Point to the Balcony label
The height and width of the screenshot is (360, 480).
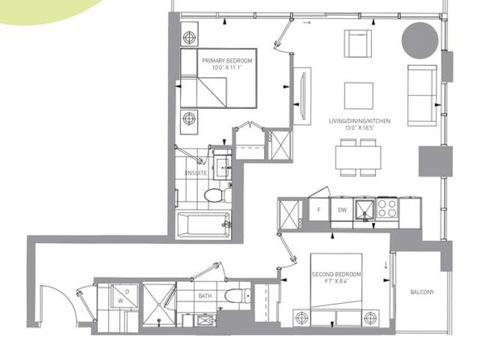[421, 292]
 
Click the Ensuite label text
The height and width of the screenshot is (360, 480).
[196, 173]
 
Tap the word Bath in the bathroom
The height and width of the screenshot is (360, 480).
[205, 296]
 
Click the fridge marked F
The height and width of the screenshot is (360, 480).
[319, 209]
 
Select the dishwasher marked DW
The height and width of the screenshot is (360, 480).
[342, 210]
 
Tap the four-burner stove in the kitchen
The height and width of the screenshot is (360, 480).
[387, 208]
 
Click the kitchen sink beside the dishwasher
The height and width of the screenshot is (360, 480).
[364, 209]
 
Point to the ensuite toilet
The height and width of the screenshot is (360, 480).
[217, 195]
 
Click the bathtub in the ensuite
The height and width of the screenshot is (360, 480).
[204, 224]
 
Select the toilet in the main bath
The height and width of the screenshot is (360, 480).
[238, 295]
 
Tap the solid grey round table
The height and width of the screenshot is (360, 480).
[420, 40]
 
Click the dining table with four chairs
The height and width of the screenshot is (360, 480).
[358, 157]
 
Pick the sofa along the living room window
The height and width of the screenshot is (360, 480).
[421, 95]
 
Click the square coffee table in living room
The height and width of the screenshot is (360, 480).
[358, 96]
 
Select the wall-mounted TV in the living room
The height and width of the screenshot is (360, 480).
[303, 96]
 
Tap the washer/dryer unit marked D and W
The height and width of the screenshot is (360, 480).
[124, 296]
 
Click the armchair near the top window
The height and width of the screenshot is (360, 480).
[358, 43]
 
